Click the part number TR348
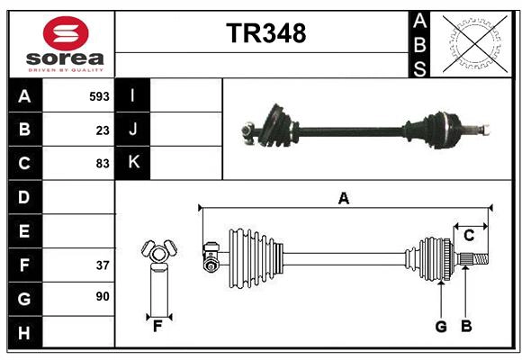(265, 33)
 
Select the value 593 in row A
(99, 96)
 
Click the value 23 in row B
(102, 130)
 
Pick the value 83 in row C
(102, 164)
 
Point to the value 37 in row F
(102, 265)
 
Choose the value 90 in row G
(102, 296)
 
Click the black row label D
(24, 197)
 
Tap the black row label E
(24, 231)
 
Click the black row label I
(133, 96)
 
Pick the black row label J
(133, 130)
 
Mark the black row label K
(133, 163)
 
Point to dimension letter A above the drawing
(343, 199)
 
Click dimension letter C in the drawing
(469, 236)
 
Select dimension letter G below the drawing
(441, 327)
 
